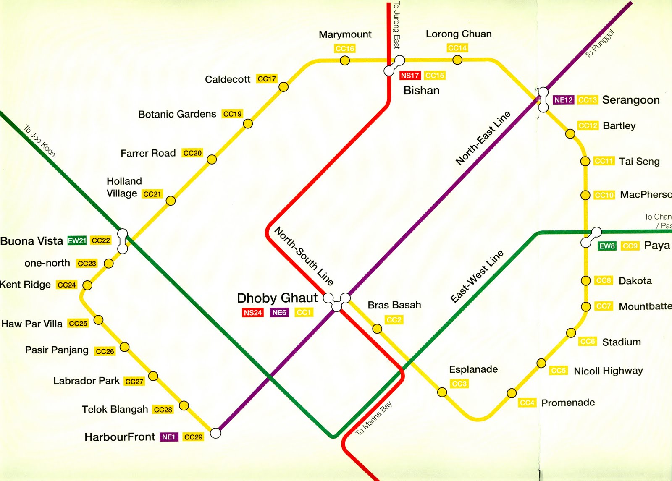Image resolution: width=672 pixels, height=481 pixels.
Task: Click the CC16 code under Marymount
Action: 345,49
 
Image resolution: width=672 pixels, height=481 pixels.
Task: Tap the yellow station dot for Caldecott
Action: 283,87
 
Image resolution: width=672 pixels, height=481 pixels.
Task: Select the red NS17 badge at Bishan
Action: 409,76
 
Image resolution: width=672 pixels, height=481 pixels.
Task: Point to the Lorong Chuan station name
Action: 459,34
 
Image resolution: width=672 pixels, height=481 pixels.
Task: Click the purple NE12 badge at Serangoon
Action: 563,100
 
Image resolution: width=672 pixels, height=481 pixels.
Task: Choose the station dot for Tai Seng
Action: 585,161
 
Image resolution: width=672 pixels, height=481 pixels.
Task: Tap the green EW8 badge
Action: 607,246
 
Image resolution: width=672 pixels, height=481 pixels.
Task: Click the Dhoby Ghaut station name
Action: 277,298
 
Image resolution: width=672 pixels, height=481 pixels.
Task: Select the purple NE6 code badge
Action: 279,313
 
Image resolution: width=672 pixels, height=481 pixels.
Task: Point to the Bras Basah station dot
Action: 377,329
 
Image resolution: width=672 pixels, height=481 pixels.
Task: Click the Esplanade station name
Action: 473,369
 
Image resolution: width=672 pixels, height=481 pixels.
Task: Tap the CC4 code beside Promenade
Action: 527,403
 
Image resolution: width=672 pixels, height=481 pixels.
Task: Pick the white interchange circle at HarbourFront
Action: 215,433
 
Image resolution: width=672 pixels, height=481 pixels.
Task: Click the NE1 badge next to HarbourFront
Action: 169,437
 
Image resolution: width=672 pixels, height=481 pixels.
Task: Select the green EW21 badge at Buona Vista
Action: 77,241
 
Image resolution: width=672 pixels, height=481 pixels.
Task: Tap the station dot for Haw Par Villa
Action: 98,320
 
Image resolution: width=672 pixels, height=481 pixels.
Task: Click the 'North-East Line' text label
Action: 483,138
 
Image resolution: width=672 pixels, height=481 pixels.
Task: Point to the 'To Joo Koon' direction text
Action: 39,141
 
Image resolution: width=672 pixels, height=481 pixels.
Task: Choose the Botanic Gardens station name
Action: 177,114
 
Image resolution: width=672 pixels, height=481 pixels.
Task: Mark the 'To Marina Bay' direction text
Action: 374,418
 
